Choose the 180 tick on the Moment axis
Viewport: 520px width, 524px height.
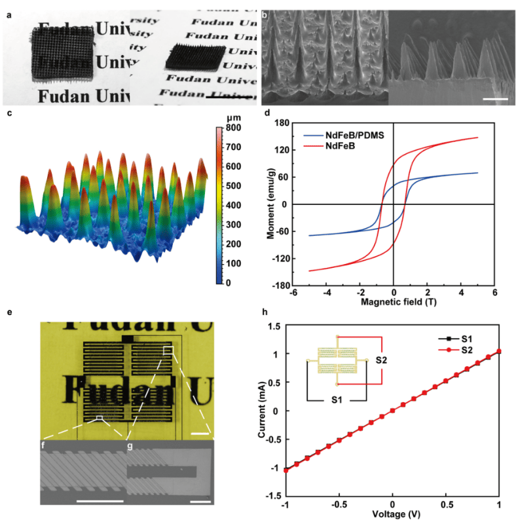point(281,122)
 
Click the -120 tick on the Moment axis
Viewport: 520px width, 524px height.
point(280,258)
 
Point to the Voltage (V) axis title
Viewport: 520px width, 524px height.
point(392,515)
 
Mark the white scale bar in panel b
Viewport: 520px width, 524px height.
point(497,100)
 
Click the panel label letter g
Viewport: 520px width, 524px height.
point(130,447)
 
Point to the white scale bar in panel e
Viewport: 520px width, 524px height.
point(200,433)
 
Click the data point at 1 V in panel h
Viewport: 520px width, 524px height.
point(499,351)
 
